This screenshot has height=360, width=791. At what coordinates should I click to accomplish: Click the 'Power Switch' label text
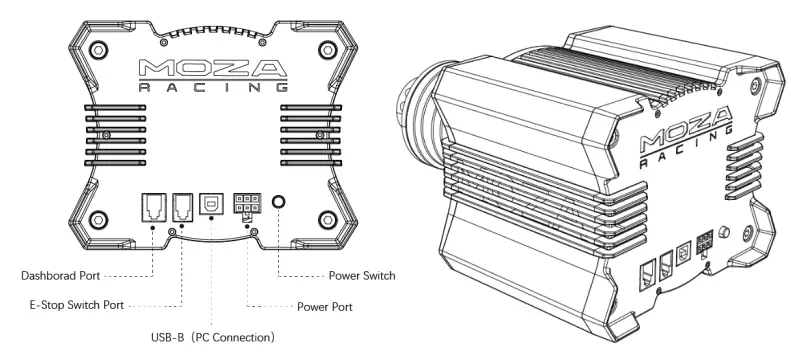point(362,275)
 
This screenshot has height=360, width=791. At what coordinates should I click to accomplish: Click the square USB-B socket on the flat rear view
point(210,204)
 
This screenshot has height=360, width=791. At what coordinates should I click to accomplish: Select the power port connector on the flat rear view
point(247,204)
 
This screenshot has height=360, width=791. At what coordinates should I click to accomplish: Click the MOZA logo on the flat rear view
point(211,69)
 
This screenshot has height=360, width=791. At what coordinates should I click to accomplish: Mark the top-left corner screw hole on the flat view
point(97,49)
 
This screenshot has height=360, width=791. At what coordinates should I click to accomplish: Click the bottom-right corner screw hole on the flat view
point(326,220)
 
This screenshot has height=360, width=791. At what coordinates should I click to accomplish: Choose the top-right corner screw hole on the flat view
point(326,49)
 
